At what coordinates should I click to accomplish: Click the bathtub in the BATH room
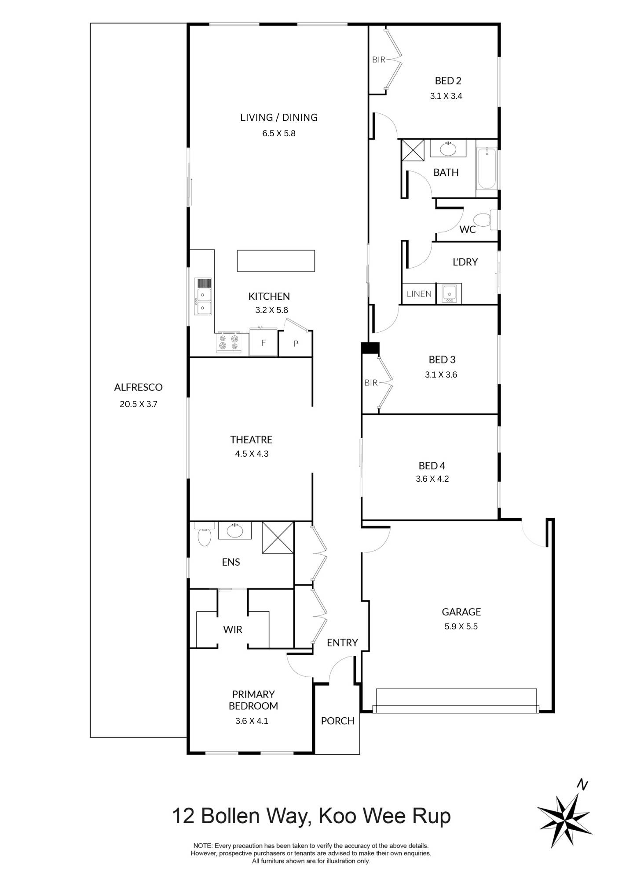coord(487,169)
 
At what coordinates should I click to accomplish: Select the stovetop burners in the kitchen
coord(228,342)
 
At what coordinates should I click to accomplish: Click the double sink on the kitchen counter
coord(204,301)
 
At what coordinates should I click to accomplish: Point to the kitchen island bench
coord(276,261)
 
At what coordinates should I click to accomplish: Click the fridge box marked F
coord(263,343)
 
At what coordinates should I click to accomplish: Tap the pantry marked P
coord(296,343)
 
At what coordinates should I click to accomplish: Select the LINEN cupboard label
coord(419,294)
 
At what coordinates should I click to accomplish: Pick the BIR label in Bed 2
coord(378,60)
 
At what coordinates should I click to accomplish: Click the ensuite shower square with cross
coord(278,538)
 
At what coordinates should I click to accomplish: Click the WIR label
coord(233,629)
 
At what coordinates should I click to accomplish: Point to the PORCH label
coord(337,721)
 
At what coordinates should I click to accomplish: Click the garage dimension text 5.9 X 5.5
coord(461,626)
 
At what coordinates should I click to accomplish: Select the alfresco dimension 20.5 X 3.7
coord(138,404)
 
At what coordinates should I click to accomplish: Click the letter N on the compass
coord(582,785)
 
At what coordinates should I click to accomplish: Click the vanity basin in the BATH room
coord(448,149)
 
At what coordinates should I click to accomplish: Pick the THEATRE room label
coord(251,439)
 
